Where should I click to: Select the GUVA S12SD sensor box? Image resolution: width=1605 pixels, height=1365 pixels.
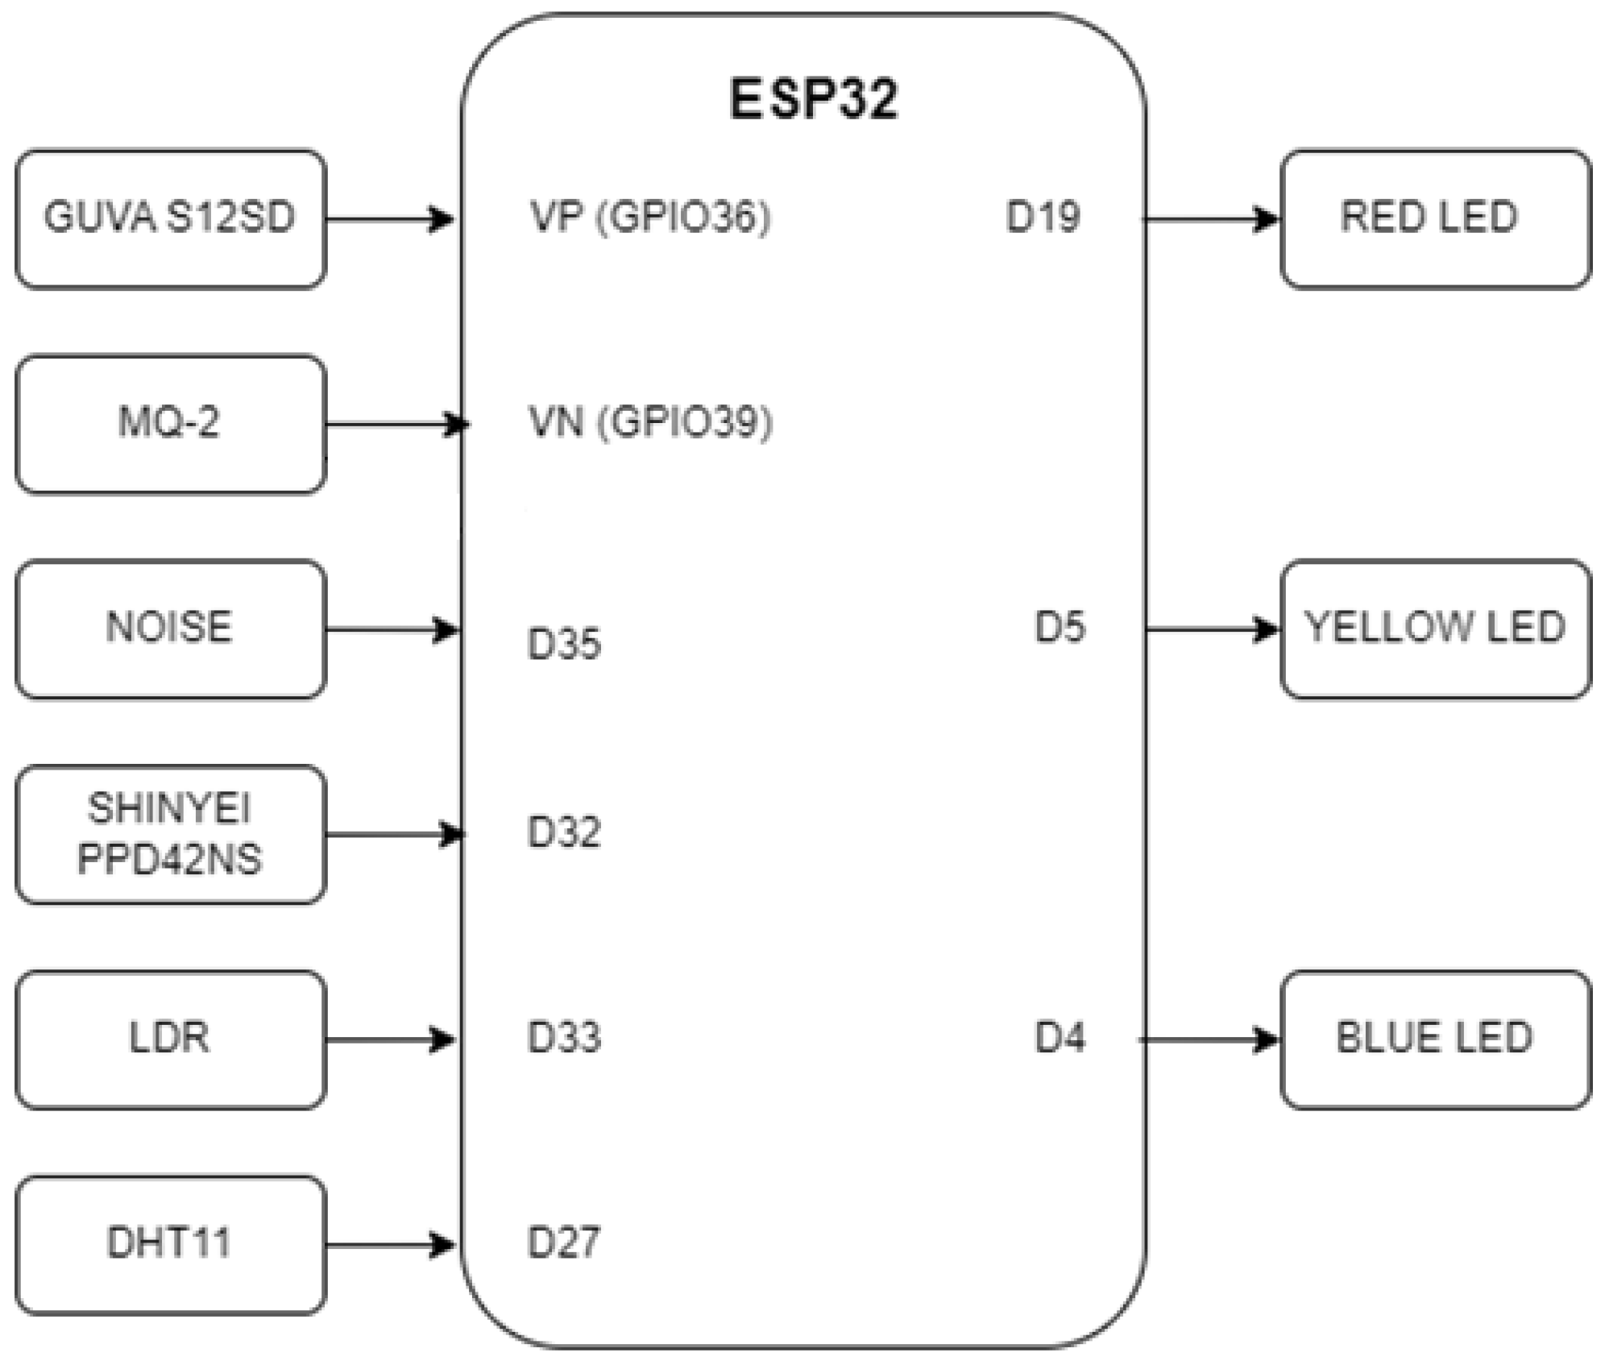pyautogui.click(x=171, y=218)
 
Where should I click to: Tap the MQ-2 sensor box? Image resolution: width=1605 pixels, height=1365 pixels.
pyautogui.click(x=171, y=424)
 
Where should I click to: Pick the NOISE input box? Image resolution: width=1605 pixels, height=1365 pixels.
pyautogui.click(x=171, y=629)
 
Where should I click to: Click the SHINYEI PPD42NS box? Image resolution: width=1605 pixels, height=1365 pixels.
pyautogui.click(x=171, y=834)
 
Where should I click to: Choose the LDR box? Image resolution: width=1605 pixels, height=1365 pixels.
pyautogui.click(x=171, y=1039)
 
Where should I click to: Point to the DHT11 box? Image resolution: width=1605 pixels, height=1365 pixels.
pyautogui.click(x=171, y=1245)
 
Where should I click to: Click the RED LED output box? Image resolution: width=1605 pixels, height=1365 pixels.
pyautogui.click(x=1435, y=218)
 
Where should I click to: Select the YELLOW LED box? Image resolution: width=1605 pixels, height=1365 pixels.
pyautogui.click(x=1435, y=629)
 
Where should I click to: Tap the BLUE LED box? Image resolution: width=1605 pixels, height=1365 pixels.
pyautogui.click(x=1435, y=1039)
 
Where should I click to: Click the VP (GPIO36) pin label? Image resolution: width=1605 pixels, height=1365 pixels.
pyautogui.click(x=649, y=217)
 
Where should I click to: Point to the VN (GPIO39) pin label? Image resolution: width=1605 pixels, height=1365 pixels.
pyautogui.click(x=649, y=421)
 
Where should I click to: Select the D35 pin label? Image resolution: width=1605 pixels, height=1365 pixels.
pyautogui.click(x=563, y=644)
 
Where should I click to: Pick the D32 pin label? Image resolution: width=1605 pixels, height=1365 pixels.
pyautogui.click(x=563, y=832)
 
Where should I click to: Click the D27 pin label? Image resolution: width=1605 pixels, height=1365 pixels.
pyautogui.click(x=563, y=1243)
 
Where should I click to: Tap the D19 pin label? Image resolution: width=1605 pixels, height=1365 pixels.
pyautogui.click(x=1043, y=217)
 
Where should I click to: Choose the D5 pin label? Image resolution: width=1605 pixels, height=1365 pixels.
pyautogui.click(x=1060, y=627)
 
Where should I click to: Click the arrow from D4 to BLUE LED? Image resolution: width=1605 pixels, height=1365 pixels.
pyautogui.click(x=1209, y=1040)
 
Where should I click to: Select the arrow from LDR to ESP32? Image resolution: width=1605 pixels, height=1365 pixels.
pyautogui.click(x=391, y=1040)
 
